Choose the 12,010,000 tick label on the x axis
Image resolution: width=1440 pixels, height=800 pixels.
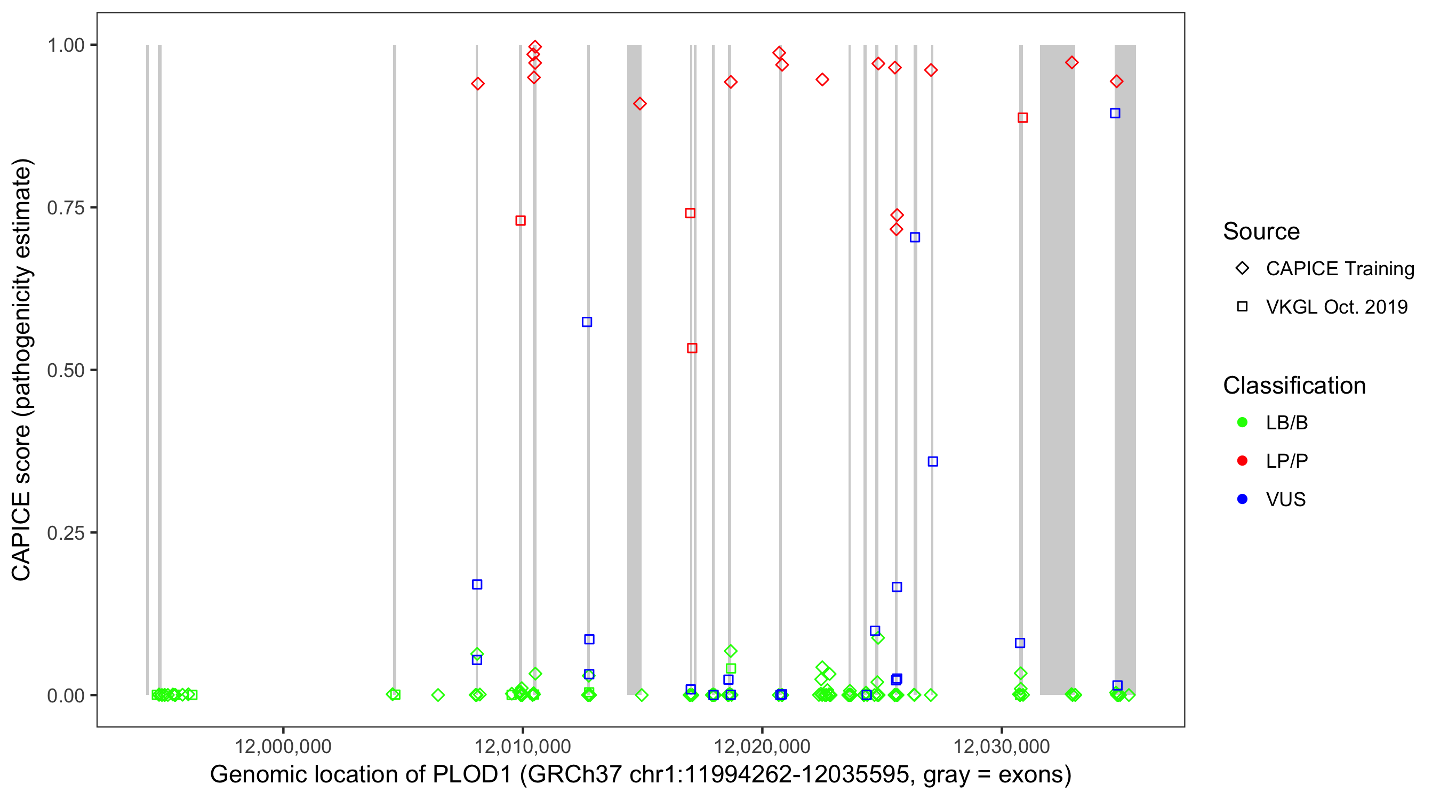click(522, 746)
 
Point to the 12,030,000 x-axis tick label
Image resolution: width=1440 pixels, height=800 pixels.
click(1001, 746)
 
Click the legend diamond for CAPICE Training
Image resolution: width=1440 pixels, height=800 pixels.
click(1242, 268)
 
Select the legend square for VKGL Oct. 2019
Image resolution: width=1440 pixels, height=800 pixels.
click(1242, 306)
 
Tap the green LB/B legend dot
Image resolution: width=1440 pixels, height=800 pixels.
click(1242, 422)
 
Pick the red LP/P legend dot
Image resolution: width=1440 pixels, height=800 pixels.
click(1242, 461)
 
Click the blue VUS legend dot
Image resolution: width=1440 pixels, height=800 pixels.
click(1242, 499)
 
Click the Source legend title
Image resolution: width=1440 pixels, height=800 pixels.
click(1261, 231)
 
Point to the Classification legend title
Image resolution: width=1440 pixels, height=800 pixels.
click(1294, 386)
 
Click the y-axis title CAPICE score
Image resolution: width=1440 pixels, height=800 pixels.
click(22, 370)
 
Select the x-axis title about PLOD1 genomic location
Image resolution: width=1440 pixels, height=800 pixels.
click(641, 775)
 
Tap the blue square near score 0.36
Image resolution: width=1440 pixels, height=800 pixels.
click(932, 462)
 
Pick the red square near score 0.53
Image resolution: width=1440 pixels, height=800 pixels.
click(692, 348)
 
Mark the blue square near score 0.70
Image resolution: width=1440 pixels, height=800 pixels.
click(915, 237)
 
